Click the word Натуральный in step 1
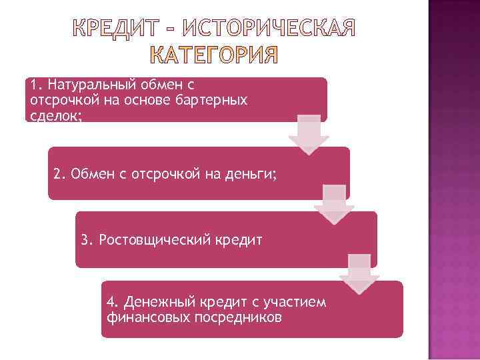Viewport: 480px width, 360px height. [x=89, y=85]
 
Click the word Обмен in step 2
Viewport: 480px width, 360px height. [x=89, y=175]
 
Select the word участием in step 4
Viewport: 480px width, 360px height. [x=299, y=302]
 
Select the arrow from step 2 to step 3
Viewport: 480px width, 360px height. [x=334, y=203]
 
